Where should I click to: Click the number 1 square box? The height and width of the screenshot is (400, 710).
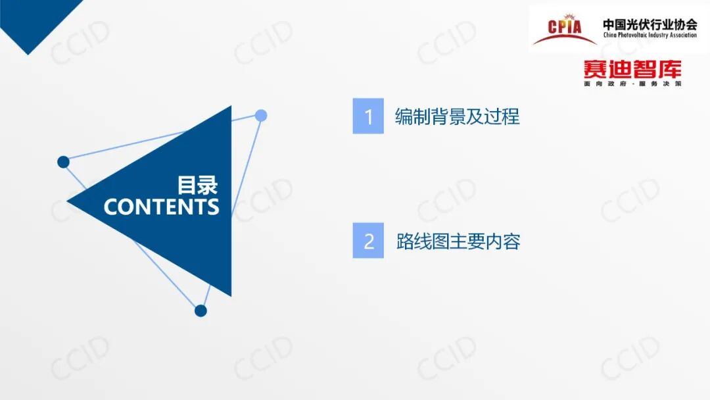(368, 116)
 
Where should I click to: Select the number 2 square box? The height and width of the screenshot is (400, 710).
(368, 241)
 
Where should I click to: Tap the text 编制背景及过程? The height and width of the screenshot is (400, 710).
(457, 116)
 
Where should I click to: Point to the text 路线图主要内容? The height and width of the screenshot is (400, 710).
(458, 241)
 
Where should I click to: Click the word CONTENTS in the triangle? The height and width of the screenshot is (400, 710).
(161, 207)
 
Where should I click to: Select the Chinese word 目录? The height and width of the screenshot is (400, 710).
(197, 184)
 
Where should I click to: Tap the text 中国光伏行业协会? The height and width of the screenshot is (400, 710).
(650, 24)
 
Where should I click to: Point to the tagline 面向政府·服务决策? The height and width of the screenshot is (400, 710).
(632, 84)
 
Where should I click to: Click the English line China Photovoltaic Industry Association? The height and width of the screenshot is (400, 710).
(650, 36)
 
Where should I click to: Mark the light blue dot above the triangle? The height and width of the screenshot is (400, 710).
(261, 116)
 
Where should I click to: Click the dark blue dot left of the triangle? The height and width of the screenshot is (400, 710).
(63, 162)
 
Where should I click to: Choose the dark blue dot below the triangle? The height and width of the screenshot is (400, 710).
(201, 311)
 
